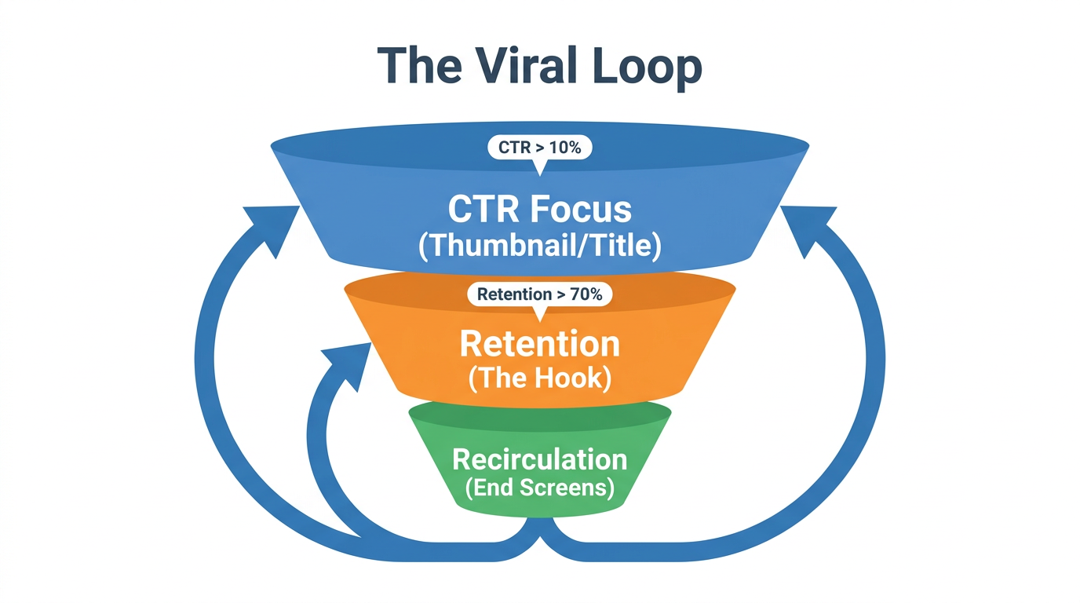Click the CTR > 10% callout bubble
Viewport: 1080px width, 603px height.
[539, 148]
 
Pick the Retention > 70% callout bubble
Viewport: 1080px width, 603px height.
[539, 294]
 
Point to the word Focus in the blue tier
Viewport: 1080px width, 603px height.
[580, 209]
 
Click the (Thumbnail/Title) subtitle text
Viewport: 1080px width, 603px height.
[540, 246]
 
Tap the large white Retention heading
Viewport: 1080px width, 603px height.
[539, 344]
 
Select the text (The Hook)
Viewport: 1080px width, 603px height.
[539, 378]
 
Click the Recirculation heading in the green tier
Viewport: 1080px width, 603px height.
[539, 459]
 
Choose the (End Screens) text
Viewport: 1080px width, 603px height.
[539, 488]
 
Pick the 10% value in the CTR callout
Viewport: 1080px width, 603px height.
[565, 148]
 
